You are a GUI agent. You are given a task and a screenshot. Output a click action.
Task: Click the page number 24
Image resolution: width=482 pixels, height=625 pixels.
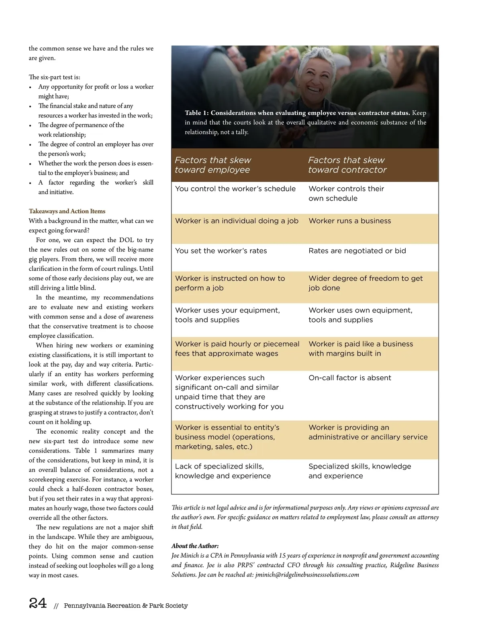click(38, 603)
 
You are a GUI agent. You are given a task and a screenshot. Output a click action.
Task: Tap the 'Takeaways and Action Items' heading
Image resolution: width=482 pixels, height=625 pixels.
click(67, 211)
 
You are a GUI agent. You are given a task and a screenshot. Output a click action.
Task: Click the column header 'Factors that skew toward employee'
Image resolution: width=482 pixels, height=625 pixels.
click(213, 165)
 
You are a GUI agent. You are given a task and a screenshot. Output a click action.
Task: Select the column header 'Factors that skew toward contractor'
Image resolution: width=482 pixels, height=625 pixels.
click(347, 165)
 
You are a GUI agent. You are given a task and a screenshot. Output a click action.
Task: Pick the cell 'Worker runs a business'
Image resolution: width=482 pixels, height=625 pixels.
click(349, 221)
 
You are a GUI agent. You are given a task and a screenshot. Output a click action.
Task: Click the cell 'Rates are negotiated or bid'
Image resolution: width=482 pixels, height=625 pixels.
click(357, 251)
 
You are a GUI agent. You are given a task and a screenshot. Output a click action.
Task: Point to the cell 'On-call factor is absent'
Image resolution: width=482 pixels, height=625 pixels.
click(349, 378)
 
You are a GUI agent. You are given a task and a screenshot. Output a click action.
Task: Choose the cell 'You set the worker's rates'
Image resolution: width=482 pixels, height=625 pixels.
click(221, 251)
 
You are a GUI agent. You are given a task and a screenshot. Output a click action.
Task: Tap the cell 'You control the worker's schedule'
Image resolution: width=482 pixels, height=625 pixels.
click(235, 189)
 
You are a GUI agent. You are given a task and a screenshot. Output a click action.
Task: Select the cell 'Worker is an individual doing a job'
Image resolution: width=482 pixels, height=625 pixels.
click(237, 221)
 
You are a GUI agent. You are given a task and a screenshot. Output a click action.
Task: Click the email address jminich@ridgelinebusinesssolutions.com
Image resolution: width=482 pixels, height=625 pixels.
click(307, 575)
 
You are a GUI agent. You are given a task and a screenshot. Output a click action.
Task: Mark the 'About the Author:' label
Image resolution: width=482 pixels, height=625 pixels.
click(195, 546)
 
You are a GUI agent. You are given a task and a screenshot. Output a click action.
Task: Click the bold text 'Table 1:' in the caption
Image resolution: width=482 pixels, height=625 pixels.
click(197, 113)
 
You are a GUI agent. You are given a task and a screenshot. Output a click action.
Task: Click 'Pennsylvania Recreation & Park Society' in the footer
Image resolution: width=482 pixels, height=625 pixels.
click(126, 606)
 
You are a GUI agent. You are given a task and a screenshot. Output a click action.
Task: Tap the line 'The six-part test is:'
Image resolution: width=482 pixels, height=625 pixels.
click(54, 77)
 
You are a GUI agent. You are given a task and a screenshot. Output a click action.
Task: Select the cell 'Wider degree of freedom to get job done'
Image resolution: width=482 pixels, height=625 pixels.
click(366, 283)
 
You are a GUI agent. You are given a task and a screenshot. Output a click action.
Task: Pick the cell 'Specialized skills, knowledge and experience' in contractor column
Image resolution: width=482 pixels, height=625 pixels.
click(359, 471)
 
